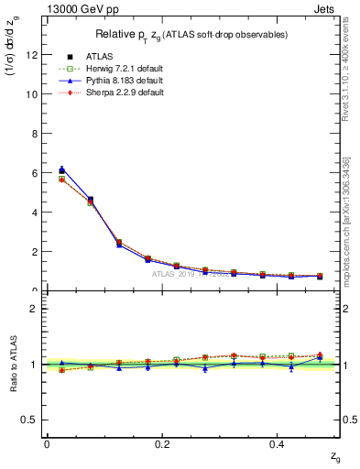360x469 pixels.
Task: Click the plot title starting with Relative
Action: coord(187,35)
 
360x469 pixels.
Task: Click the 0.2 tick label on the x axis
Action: coord(162,444)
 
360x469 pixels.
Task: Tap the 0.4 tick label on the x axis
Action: coord(278,444)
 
